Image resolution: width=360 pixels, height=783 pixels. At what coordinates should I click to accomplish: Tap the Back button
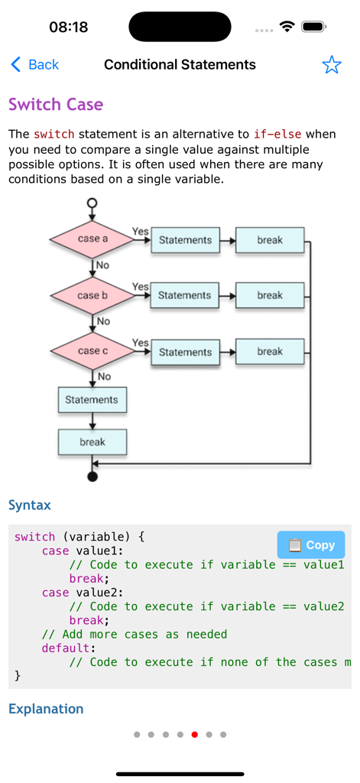[x=35, y=65]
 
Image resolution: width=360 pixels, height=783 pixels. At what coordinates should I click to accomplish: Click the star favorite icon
[x=331, y=65]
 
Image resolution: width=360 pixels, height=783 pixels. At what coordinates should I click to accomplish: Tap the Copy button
[x=311, y=545]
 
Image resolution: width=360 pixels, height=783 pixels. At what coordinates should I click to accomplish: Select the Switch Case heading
[x=56, y=105]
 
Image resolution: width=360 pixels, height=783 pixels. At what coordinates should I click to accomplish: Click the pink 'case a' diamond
[x=92, y=239]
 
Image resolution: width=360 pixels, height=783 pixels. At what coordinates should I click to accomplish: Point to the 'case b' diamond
[x=92, y=295]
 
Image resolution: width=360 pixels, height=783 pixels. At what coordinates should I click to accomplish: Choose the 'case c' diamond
[x=92, y=351]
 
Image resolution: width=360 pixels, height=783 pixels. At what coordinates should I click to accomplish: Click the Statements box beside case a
[x=185, y=240]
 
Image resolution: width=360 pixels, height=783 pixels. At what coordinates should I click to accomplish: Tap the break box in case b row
[x=269, y=295]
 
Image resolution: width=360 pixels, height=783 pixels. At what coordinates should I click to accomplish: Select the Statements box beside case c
[x=185, y=352]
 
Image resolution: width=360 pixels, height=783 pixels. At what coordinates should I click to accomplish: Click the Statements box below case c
[x=92, y=400]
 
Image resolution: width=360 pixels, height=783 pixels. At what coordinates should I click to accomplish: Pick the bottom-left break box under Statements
[x=92, y=442]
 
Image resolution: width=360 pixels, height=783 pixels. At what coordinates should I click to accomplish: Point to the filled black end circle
[x=92, y=477]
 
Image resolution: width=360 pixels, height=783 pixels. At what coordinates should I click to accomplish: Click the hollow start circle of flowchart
[x=92, y=203]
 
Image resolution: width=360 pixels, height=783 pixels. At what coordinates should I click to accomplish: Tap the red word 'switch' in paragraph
[x=54, y=135]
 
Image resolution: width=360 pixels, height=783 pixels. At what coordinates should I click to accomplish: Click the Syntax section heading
[x=30, y=505]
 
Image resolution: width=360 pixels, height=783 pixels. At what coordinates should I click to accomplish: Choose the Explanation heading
[x=46, y=709]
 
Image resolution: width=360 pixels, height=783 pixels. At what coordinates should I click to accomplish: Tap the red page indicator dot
[x=194, y=735]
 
